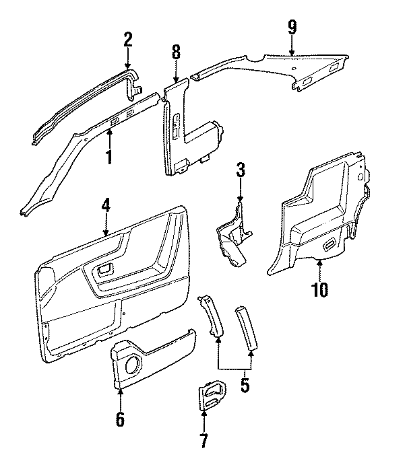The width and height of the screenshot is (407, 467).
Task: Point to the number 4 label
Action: [x=105, y=207]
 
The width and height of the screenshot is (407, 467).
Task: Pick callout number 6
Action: [x=120, y=419]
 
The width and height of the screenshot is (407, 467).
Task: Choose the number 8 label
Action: [x=176, y=52]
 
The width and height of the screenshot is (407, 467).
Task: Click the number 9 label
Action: [x=291, y=28]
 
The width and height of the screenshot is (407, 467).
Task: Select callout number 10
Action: [x=319, y=290]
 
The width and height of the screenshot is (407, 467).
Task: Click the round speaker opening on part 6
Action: [x=133, y=366]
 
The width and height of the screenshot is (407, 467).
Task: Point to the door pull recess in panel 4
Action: [x=105, y=271]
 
